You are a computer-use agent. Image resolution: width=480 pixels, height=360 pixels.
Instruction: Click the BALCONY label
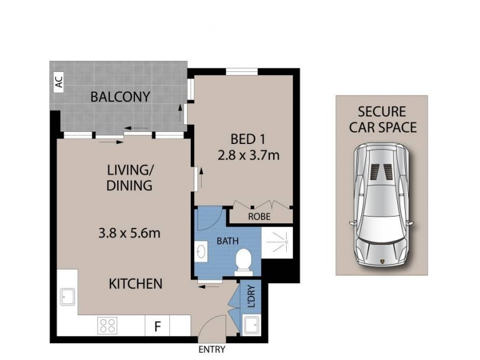click(x=120, y=97)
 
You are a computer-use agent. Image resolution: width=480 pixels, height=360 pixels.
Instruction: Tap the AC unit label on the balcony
click(x=59, y=84)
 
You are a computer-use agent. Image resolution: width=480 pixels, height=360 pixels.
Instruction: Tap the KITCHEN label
click(x=135, y=283)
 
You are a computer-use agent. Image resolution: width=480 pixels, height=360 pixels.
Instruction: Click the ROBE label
click(x=259, y=217)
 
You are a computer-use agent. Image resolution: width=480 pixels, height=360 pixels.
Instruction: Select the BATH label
click(x=227, y=241)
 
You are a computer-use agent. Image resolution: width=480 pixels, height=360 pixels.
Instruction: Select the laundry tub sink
click(x=251, y=326)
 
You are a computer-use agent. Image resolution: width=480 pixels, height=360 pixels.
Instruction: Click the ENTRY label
click(x=211, y=350)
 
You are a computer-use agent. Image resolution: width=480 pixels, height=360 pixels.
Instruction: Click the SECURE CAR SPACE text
click(x=382, y=119)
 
